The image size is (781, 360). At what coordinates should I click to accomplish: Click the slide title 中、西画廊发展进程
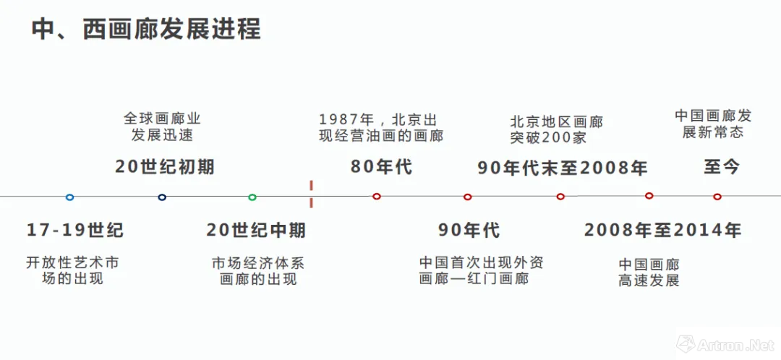coord(145,30)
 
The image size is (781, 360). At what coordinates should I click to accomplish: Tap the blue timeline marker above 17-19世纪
coord(69,197)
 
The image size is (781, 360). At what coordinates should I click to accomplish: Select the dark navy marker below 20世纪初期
coord(162,197)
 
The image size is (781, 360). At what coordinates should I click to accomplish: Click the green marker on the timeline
coord(252,197)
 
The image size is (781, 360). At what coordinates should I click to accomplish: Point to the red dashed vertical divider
coord(311,194)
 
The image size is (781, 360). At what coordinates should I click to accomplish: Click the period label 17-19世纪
coord(75,231)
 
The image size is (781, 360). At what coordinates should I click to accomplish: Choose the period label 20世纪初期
coord(165,167)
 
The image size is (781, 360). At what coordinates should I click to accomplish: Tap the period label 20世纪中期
coord(256,231)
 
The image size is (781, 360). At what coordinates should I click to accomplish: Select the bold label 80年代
coord(381,167)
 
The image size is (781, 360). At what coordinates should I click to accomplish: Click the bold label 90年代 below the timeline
coord(469,231)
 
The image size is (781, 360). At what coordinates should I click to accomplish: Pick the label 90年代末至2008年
coord(562,168)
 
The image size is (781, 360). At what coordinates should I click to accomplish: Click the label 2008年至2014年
coord(662,231)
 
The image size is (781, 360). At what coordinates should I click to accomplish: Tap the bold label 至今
coord(722,167)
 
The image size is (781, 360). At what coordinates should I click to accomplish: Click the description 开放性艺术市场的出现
coord(72,270)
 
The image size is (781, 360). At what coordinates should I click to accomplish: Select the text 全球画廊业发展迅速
coord(162,127)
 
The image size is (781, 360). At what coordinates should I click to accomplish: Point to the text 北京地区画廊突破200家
coord(556,130)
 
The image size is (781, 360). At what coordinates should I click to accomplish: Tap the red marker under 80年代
coord(377,197)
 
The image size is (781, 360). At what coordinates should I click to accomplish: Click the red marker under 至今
coord(717,197)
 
